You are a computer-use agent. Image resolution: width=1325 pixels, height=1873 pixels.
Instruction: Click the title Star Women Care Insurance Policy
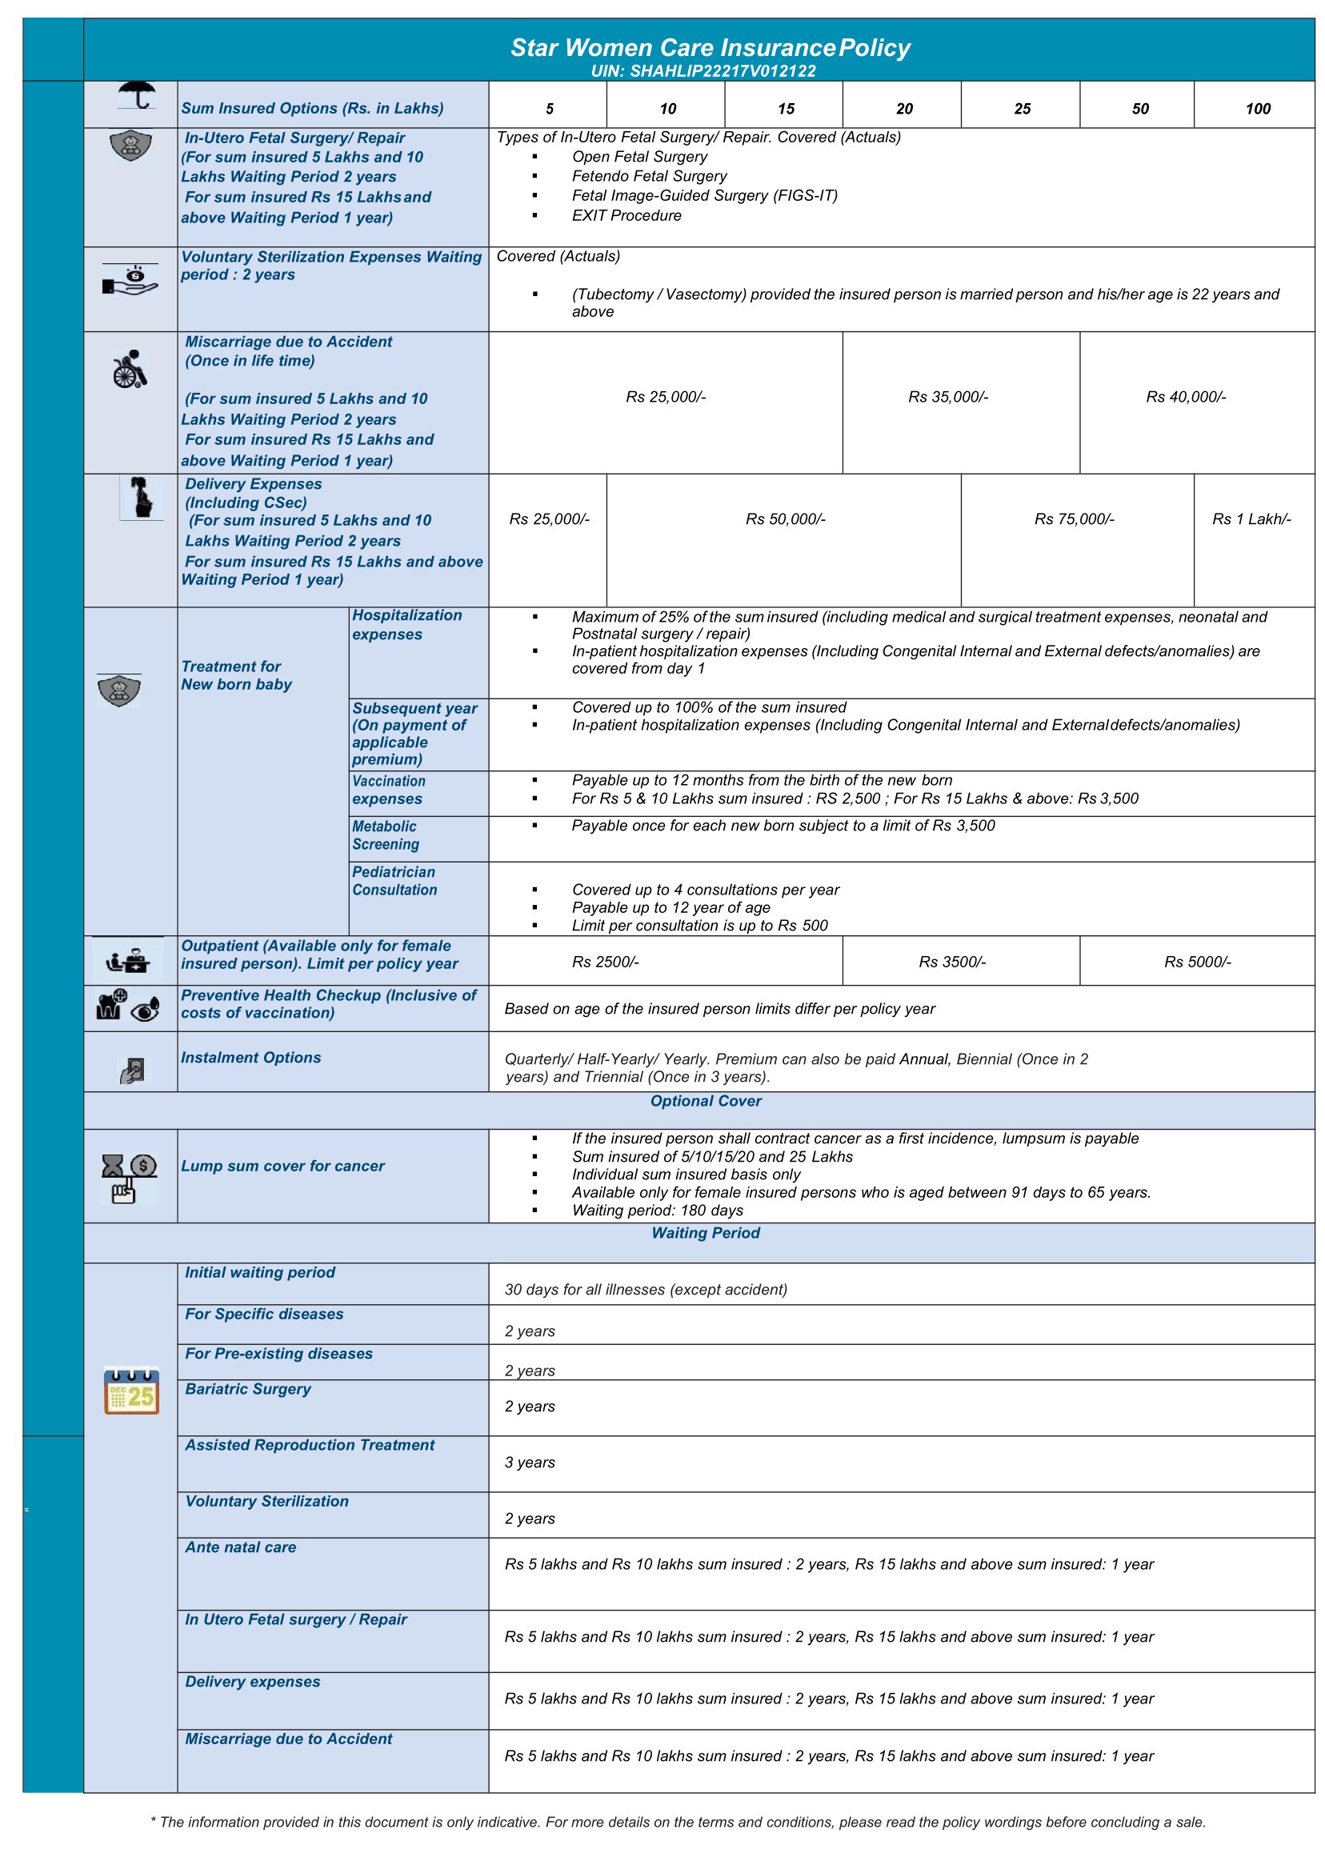(709, 48)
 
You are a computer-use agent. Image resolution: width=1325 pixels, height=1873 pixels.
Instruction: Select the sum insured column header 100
(1257, 109)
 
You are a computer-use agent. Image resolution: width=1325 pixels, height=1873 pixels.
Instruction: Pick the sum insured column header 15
(786, 109)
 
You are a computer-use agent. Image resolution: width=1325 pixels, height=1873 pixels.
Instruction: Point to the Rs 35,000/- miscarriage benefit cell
(948, 398)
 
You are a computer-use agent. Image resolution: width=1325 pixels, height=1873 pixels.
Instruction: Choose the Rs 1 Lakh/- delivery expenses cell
(1251, 519)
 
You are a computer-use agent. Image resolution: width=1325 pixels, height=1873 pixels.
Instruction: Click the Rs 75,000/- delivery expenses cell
(1074, 519)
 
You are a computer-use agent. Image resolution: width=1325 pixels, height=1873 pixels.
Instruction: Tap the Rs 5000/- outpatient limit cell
(1197, 963)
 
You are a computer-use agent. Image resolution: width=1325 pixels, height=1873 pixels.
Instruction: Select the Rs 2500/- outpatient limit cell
(606, 963)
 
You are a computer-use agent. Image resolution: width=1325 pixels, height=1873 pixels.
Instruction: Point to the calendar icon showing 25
(131, 1391)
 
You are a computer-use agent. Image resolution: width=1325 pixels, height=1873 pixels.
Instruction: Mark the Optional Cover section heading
(706, 1101)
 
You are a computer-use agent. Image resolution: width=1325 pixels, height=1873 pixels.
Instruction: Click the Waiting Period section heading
(706, 1234)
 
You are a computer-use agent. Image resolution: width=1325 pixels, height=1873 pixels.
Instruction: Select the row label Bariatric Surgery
(248, 1389)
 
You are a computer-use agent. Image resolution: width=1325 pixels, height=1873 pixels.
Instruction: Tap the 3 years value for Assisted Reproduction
(530, 1463)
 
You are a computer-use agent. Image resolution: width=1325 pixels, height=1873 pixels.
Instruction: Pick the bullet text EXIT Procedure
(626, 216)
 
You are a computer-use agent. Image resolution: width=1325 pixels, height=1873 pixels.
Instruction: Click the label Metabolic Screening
(385, 835)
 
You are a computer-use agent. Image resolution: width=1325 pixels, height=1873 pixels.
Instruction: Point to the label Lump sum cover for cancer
(282, 1167)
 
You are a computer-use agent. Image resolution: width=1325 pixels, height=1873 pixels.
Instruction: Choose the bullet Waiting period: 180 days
(658, 1211)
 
